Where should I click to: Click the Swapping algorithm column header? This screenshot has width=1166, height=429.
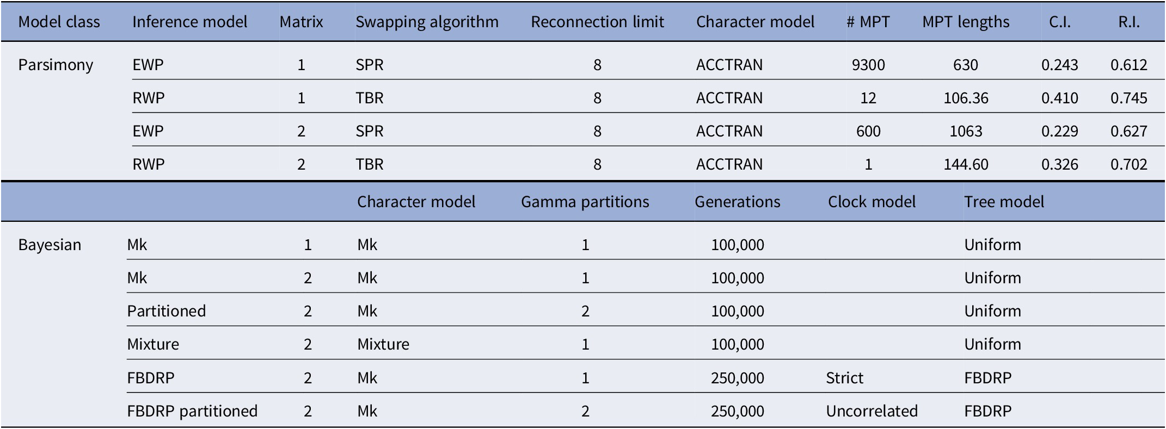point(427,22)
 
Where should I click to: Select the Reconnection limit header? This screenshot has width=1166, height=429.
point(597,22)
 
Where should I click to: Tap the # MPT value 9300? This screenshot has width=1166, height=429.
point(868,65)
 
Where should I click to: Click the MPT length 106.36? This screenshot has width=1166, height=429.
point(966,98)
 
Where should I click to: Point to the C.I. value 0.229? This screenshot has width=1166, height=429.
point(1059,132)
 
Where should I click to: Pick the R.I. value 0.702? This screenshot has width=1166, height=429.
point(1128,165)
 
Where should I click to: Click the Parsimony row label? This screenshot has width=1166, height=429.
point(56,65)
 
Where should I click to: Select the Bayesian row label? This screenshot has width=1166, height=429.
point(50,245)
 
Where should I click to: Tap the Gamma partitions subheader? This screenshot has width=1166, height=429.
point(585,202)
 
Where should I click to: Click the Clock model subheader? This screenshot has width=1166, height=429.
point(871,202)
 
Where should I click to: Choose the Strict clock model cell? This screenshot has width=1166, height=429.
point(844,378)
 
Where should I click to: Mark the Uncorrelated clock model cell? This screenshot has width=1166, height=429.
point(872,411)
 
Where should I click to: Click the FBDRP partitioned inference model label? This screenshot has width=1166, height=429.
point(192,411)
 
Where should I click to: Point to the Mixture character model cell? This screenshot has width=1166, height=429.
point(383,345)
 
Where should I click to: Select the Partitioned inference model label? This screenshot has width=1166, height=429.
point(167,312)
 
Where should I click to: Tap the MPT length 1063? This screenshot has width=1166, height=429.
point(966,132)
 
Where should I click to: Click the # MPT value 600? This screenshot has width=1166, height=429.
point(868,132)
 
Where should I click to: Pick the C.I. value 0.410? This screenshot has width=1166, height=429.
point(1059,98)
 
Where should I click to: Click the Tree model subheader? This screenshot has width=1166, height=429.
point(1004,202)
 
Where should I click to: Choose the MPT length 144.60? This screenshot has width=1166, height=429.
point(966,165)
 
